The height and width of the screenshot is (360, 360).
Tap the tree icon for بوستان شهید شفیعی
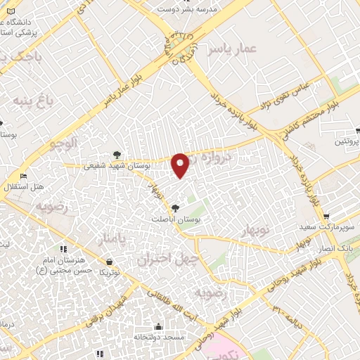tap(117, 155)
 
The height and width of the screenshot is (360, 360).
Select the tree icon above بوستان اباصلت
tap(174, 207)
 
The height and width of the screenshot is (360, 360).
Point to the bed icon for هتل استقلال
tap(24, 176)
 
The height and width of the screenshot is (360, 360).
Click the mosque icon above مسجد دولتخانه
tap(158, 327)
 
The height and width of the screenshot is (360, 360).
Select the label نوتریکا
tap(109, 271)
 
